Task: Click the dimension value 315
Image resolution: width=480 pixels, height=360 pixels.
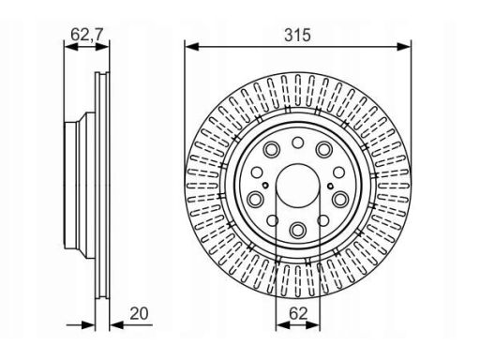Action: [297, 35]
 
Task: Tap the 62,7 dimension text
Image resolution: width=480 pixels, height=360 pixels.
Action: [86, 34]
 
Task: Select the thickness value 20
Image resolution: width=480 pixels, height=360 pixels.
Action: [139, 313]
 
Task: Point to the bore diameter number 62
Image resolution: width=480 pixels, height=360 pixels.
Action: [298, 313]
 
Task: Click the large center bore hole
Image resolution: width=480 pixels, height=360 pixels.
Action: [298, 186]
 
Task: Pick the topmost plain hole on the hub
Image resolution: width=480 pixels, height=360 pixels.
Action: [297, 142]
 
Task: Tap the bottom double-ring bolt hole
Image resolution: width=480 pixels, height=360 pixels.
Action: [297, 230]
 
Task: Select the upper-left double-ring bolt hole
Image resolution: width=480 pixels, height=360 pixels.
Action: [272, 149]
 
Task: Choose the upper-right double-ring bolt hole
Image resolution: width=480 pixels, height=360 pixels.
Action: [323, 149]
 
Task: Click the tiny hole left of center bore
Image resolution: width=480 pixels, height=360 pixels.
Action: [265, 186]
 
